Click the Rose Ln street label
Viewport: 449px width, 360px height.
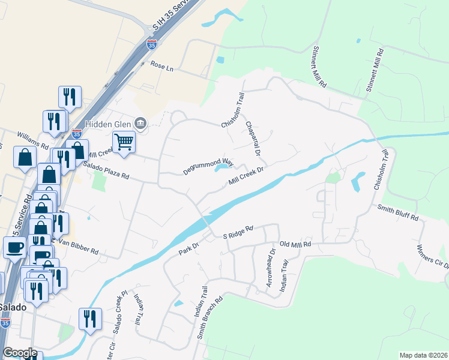tap(161, 65)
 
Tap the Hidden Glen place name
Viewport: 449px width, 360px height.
tap(107, 124)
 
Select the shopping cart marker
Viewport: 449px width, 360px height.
tap(124, 142)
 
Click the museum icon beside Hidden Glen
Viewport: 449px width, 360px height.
tap(140, 124)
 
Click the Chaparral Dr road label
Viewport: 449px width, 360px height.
tap(253, 139)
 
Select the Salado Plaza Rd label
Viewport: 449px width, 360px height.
tap(106, 170)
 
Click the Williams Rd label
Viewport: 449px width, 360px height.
tap(32, 139)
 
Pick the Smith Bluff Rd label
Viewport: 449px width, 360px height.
tap(397, 212)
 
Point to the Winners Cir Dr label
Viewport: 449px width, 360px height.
tap(433, 257)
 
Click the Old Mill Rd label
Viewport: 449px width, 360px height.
tap(295, 244)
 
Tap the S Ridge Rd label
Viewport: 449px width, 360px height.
tap(238, 232)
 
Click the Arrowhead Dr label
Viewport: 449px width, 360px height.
tap(270, 271)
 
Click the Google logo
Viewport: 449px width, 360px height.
tap(20, 353)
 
